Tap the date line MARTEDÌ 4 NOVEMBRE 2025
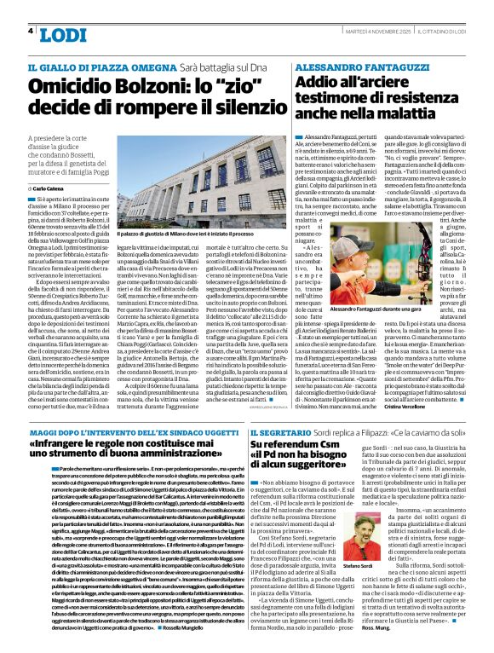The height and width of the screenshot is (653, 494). (x=367, y=32)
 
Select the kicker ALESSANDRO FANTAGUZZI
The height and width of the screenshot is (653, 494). (x=353, y=65)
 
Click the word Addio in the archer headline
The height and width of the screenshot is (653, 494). (x=320, y=84)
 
